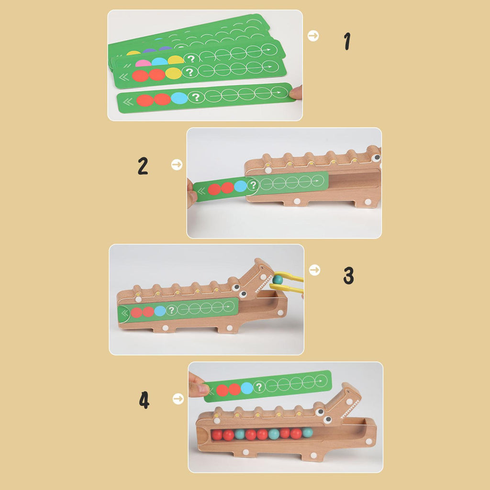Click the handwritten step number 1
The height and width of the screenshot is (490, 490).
tap(347, 41)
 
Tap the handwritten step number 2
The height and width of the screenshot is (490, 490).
tap(143, 166)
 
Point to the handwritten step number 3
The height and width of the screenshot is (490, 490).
tap(349, 275)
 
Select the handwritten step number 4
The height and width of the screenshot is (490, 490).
tap(144, 401)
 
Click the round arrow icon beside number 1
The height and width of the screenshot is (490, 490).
tap(313, 35)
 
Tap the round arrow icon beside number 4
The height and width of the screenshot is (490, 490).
tap(178, 399)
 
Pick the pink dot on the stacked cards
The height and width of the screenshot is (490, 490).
tap(143, 63)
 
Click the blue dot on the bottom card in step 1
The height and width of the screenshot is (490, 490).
tap(179, 98)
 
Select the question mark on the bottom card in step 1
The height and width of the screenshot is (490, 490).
tap(196, 97)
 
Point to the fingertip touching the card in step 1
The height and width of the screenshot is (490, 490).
tap(296, 92)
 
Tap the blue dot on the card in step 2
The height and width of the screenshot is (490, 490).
tap(240, 186)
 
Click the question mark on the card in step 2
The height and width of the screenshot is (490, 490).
tap(253, 185)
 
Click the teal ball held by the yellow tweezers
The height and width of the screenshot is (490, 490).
tap(277, 279)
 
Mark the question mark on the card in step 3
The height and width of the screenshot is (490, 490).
tap(171, 310)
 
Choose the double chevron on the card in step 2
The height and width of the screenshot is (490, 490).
tap(201, 191)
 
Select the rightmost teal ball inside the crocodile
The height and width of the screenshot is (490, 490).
tap(308, 433)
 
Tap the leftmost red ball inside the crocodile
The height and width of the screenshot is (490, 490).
tap(217, 434)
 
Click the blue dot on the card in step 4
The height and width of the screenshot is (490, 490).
tap(247, 388)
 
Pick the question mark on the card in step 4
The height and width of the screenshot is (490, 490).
tap(259, 387)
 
